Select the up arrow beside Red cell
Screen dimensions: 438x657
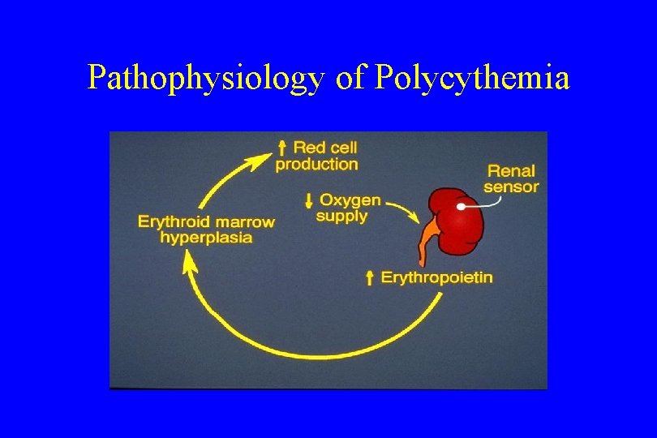point(281,148)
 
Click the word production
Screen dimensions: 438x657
point(316,165)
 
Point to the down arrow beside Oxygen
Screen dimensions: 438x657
point(308,200)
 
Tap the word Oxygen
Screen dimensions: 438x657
point(350,200)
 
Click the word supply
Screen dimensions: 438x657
point(341,217)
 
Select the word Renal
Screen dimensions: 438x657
point(511,171)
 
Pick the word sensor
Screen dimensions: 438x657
point(511,187)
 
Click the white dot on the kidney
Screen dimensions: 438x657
point(461,206)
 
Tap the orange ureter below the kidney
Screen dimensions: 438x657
point(427,243)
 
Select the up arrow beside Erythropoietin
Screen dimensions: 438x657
point(370,278)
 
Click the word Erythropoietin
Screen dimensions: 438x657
point(436,278)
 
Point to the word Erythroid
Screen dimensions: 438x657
point(174,221)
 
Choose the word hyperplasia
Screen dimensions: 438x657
point(206,238)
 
